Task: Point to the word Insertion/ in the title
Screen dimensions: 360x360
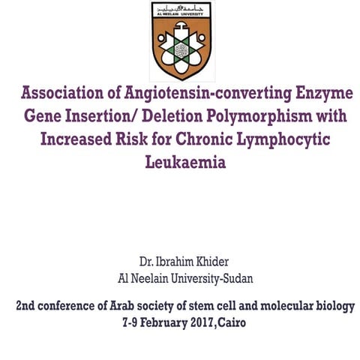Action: [x=104, y=118]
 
